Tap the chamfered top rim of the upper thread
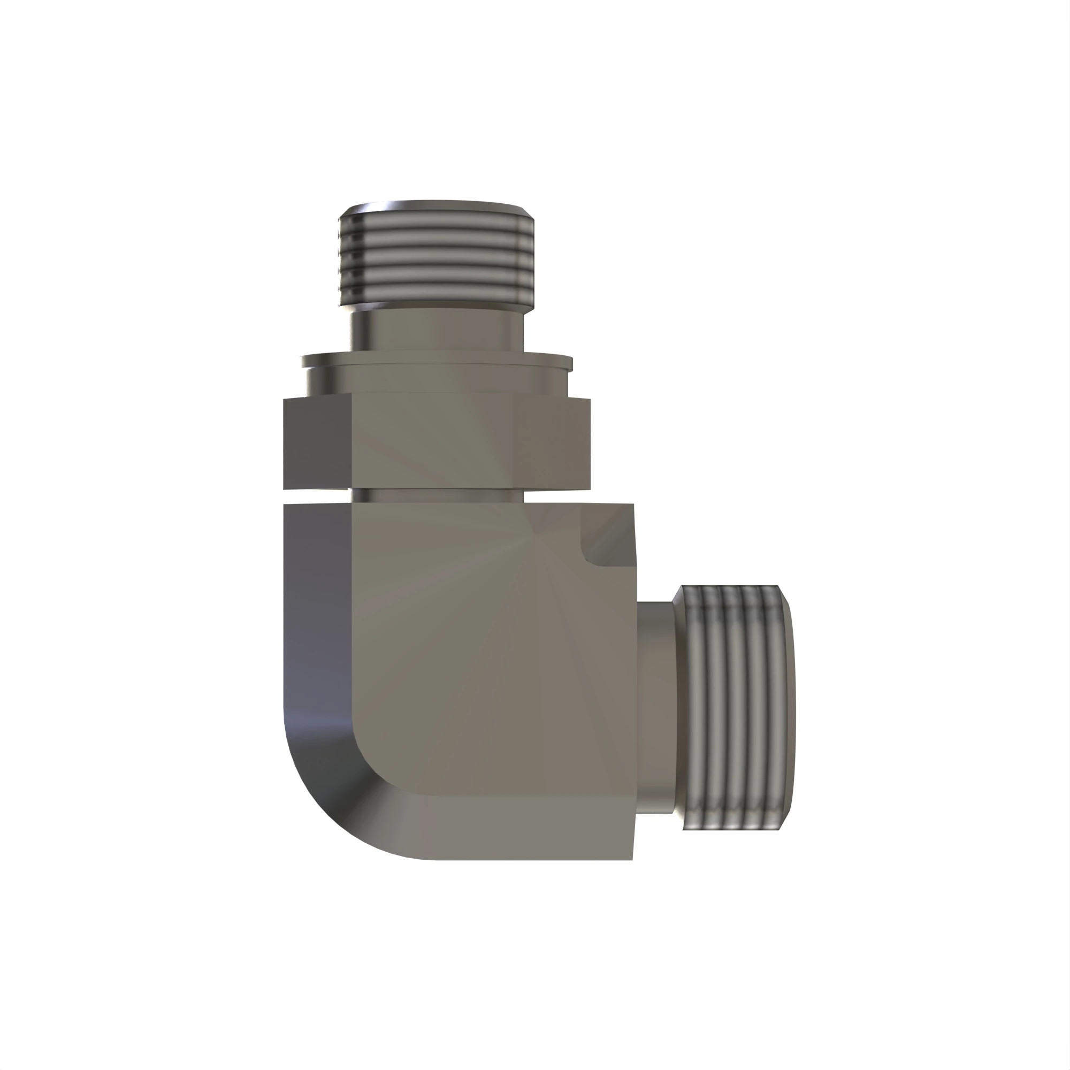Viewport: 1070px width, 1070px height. point(437,209)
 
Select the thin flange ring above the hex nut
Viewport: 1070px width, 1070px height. point(437,361)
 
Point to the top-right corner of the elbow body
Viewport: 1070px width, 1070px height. point(632,505)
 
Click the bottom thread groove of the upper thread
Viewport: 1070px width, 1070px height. point(437,294)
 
